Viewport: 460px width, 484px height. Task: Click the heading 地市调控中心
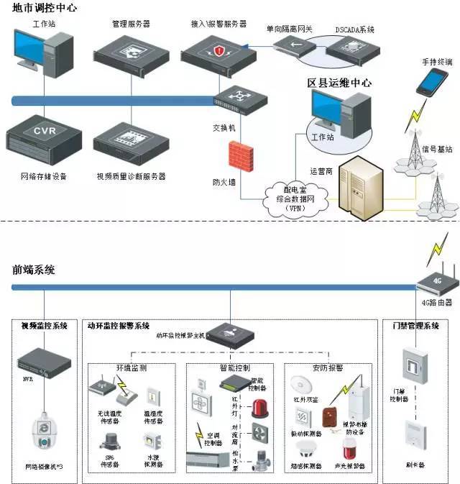45,8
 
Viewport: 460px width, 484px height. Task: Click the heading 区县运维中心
339,83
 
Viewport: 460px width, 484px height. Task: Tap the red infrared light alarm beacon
257,408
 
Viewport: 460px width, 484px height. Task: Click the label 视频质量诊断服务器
131,176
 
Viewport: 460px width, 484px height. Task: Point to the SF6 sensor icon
110,439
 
